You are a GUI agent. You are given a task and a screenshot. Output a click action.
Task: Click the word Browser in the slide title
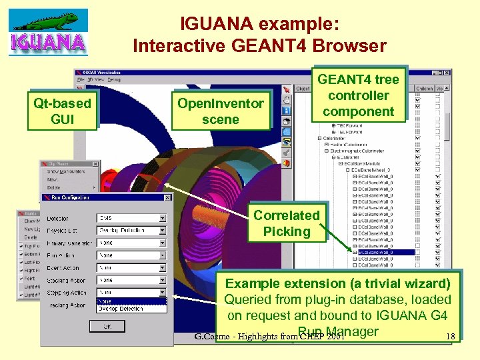pyautogui.click(x=351, y=45)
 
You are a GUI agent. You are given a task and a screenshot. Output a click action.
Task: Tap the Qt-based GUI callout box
pyautogui.click(x=62, y=111)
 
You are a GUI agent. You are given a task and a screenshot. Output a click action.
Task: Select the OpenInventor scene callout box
pyautogui.click(x=220, y=111)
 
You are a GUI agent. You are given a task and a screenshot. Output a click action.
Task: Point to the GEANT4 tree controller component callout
pyautogui.click(x=358, y=95)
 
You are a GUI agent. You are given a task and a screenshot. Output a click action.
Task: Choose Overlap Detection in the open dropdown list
pyautogui.click(x=131, y=309)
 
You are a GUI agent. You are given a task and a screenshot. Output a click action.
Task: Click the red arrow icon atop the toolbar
pyautogui.click(x=286, y=89)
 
